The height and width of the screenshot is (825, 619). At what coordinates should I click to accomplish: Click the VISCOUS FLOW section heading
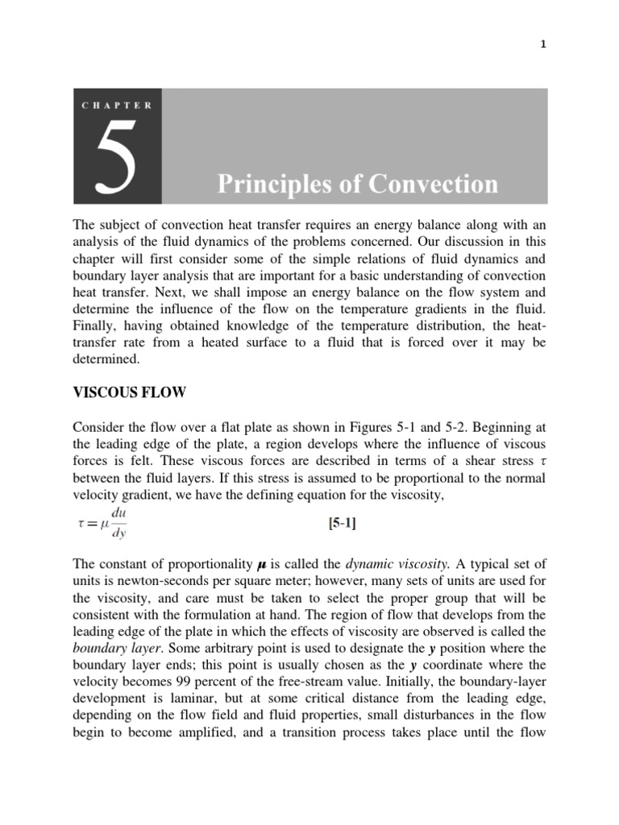[x=129, y=392]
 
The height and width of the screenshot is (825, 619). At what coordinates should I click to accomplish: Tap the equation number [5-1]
[x=343, y=524]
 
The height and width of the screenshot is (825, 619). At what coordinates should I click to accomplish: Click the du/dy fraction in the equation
[x=118, y=524]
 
